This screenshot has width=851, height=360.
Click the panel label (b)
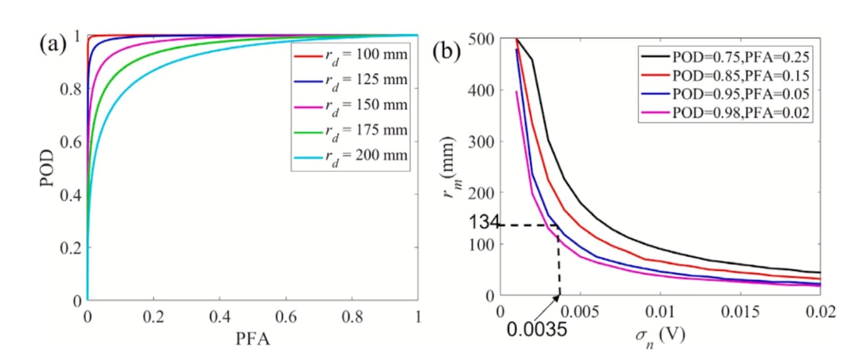coord(446,51)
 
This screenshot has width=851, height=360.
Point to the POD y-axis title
coord(47,168)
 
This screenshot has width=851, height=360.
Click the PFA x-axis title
coord(253,339)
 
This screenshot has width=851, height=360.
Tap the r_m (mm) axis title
coord(449,167)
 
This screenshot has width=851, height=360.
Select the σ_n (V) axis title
coord(660,336)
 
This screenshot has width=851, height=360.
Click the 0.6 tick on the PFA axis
coord(286,317)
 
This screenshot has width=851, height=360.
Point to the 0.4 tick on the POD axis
coord(70,195)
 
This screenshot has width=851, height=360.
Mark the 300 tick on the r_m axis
coord(481,141)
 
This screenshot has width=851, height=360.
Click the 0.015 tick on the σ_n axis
coord(739,312)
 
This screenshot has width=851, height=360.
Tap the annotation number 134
coord(483,222)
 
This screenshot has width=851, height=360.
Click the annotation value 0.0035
coord(536,330)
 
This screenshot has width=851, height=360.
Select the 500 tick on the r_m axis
coord(481,39)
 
